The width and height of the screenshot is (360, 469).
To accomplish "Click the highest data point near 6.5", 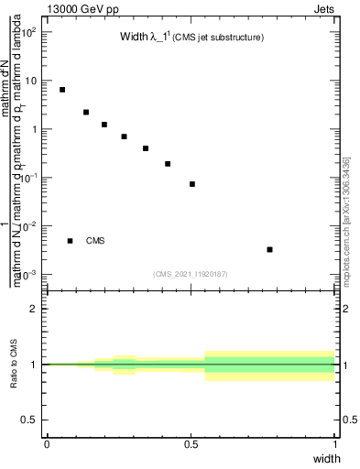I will tap(62, 90).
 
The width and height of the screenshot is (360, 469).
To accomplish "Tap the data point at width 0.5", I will tap(192, 184).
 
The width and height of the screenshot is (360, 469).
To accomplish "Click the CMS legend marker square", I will tap(70, 241).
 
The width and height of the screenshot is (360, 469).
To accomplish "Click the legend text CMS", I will tap(95, 241).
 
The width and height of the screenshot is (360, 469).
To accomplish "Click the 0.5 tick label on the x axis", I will tap(190, 443).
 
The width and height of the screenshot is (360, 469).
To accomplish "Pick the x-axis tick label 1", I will tap(335, 443).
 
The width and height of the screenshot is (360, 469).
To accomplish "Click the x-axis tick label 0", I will tap(46, 443).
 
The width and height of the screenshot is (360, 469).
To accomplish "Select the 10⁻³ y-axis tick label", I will tap(28, 275).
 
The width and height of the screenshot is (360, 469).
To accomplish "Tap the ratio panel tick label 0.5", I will tap(29, 420).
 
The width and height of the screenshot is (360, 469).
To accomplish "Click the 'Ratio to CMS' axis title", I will tap(14, 364).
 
